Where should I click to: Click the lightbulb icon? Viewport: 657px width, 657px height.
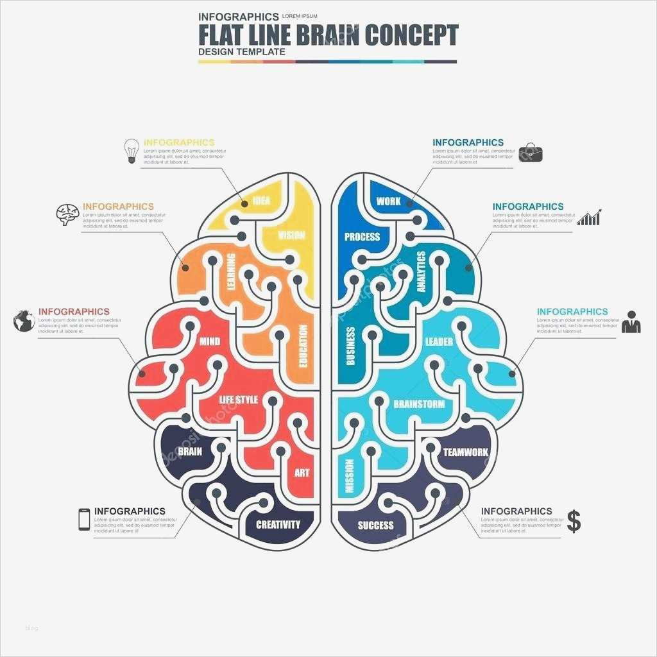(132, 151)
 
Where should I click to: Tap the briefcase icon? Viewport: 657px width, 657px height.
(531, 153)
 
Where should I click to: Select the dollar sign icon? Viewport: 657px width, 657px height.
(574, 521)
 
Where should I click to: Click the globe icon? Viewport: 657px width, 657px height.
(24, 320)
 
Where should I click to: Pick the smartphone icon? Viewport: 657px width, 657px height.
(84, 519)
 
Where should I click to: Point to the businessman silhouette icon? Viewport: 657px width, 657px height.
(631, 321)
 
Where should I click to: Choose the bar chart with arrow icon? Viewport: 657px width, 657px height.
(589, 217)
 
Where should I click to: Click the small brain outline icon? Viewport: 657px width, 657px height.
(67, 214)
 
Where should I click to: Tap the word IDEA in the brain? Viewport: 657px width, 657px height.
(261, 201)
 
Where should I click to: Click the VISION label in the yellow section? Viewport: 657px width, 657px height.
(291, 235)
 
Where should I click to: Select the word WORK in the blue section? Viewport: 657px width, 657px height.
(388, 201)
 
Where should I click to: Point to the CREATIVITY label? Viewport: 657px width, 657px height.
(278, 524)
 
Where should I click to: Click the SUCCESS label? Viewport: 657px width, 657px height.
(375, 525)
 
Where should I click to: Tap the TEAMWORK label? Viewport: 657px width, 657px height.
(466, 452)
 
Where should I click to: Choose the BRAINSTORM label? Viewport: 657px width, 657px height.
(418, 404)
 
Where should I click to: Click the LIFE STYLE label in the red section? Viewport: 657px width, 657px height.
(239, 400)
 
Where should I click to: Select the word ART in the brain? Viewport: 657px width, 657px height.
(302, 473)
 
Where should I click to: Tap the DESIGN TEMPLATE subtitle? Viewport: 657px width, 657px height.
(242, 51)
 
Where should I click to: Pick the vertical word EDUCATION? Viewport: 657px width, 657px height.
(303, 346)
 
